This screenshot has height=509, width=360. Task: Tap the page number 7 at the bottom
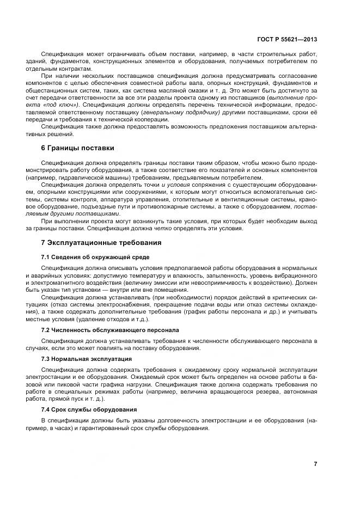(315, 463)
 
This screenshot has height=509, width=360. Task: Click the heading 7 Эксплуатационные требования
(101, 242)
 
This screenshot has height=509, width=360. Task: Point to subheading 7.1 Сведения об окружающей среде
(95, 256)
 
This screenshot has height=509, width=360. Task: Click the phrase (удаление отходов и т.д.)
(101, 319)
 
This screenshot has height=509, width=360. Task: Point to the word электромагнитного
(62, 284)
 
